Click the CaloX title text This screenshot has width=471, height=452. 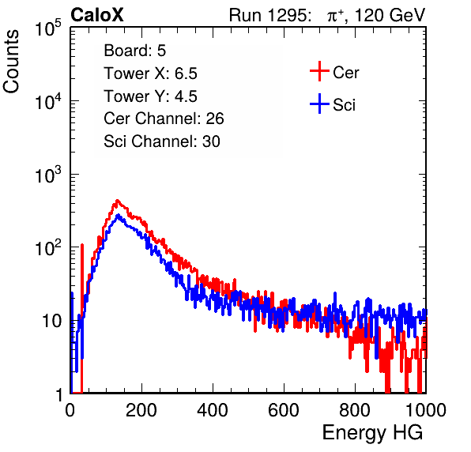(97, 15)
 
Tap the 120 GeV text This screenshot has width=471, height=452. (390, 15)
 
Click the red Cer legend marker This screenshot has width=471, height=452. (319, 71)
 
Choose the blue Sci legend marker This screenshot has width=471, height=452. (319, 104)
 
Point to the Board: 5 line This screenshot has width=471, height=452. (135, 51)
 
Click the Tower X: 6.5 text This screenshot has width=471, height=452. (150, 73)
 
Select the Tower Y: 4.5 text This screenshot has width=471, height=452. (150, 96)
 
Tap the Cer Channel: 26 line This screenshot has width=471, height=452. (164, 119)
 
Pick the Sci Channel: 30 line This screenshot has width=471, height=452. (162, 141)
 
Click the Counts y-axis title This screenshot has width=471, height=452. (11, 62)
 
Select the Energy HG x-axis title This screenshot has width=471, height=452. (372, 433)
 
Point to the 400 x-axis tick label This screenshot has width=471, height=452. (213, 410)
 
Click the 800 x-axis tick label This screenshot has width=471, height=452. (355, 410)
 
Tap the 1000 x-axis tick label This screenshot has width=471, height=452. (426, 410)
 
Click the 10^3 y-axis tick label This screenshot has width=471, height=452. (48, 175)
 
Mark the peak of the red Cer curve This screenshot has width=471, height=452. (118, 201)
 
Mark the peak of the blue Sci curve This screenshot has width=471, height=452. (118, 215)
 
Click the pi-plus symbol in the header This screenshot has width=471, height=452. (335, 15)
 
